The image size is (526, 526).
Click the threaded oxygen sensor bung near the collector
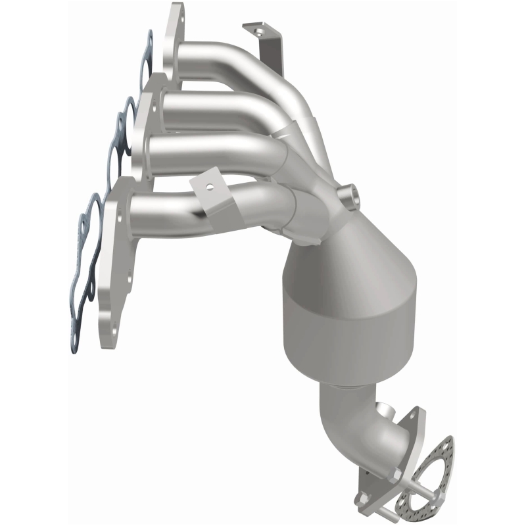click(x=348, y=195)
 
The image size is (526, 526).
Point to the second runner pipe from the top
click(x=210, y=105)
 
